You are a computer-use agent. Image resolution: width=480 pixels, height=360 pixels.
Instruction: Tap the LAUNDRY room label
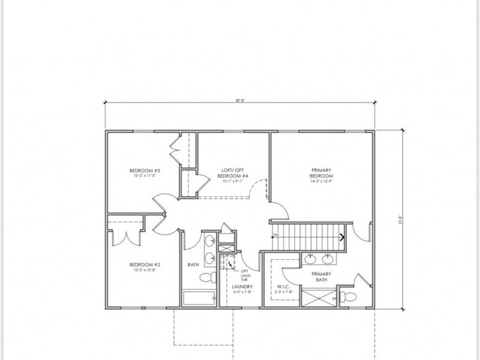point(242,287)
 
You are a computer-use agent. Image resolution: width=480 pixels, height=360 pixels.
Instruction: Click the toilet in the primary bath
point(346,295)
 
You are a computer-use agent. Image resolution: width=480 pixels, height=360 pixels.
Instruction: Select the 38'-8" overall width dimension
point(240,101)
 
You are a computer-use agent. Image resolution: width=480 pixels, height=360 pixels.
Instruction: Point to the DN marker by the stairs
point(275,235)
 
